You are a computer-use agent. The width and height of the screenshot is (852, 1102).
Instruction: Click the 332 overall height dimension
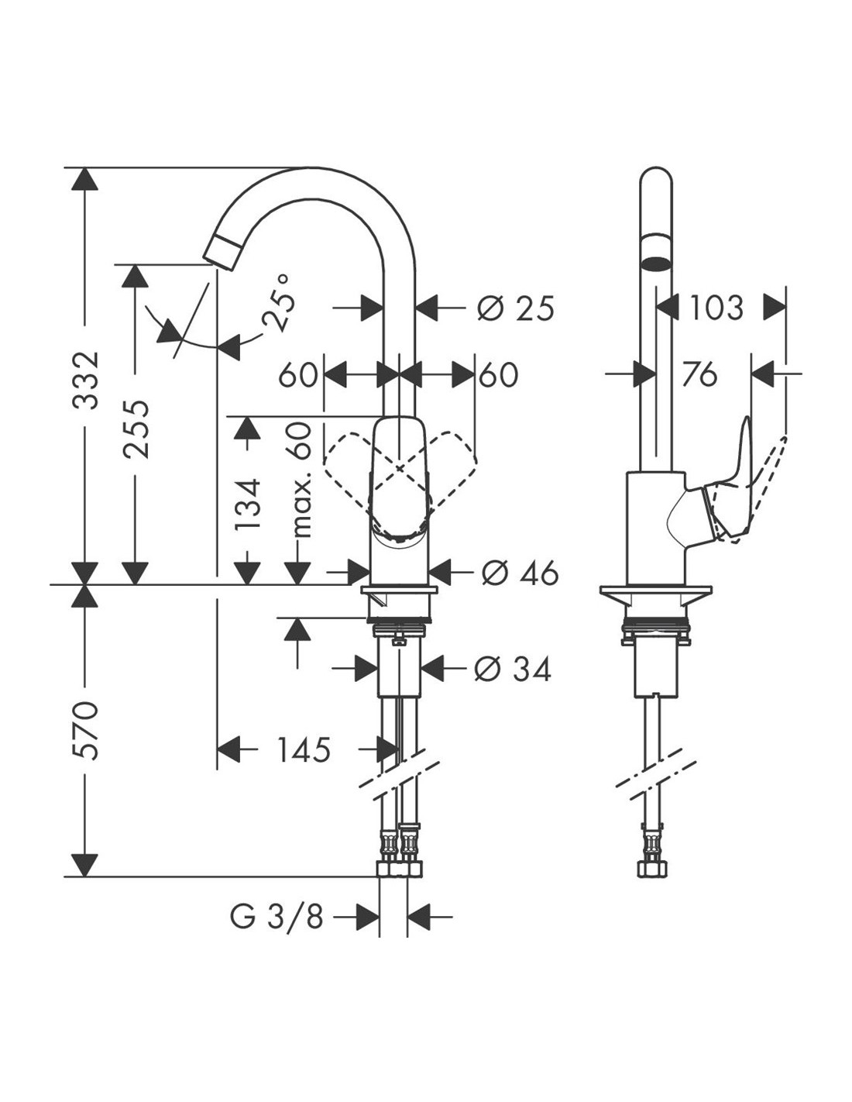click(x=85, y=380)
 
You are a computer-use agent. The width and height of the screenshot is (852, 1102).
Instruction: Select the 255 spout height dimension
click(x=136, y=429)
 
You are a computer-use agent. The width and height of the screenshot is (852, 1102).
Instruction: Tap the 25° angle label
click(x=278, y=303)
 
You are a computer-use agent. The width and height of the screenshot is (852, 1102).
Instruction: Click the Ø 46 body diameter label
click(x=520, y=573)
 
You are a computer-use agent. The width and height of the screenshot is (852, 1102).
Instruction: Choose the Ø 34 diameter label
click(x=513, y=669)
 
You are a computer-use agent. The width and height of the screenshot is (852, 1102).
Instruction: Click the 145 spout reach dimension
click(x=304, y=749)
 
